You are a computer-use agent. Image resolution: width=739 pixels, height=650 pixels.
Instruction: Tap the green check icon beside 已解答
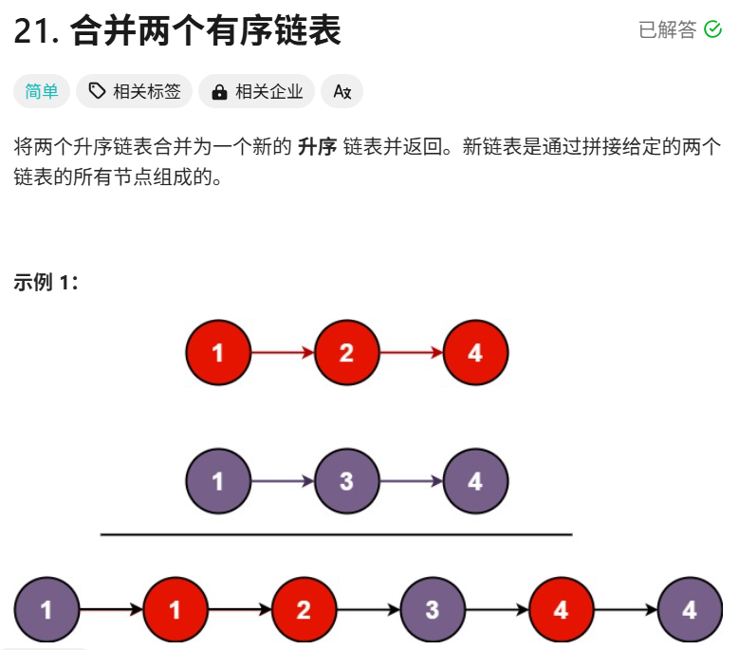click(713, 30)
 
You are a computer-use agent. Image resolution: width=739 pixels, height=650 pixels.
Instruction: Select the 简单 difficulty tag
click(42, 91)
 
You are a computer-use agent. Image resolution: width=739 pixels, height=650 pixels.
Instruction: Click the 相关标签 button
click(135, 91)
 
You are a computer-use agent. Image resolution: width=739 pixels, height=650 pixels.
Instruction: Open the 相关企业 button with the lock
click(257, 91)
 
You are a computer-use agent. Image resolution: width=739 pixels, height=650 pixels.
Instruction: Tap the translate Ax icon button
click(342, 91)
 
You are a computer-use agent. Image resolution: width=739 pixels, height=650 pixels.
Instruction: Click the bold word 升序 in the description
click(317, 148)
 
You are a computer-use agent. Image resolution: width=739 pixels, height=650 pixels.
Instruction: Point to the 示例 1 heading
click(46, 283)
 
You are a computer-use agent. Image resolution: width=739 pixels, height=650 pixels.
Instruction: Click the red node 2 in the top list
click(346, 353)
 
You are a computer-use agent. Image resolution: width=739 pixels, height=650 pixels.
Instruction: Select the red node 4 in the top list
click(475, 353)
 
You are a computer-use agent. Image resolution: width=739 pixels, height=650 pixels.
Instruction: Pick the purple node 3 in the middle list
click(346, 481)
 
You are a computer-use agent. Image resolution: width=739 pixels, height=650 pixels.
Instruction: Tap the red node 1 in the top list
click(218, 353)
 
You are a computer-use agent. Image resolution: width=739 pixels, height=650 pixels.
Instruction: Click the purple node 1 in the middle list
click(218, 481)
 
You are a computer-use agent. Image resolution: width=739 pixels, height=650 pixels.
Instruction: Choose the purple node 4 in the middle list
click(475, 481)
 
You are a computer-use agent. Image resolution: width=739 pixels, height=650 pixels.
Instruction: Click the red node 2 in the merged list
click(304, 609)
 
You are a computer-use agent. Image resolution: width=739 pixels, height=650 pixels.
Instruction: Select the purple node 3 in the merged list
click(433, 609)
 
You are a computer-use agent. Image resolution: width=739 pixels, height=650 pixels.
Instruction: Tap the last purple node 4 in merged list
click(690, 609)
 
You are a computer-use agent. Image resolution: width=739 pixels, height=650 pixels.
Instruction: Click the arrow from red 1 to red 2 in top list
click(282, 353)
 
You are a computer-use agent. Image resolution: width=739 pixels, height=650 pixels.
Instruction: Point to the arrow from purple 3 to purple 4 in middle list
click(411, 481)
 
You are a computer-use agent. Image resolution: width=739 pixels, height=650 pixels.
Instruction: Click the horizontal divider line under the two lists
click(337, 535)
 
